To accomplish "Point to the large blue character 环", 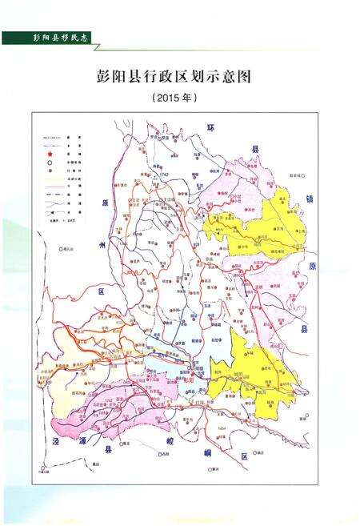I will click(212, 127).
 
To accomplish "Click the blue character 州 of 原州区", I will click(102, 244).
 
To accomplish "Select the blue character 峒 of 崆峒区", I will click(210, 455).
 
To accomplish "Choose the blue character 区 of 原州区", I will click(102, 293).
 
